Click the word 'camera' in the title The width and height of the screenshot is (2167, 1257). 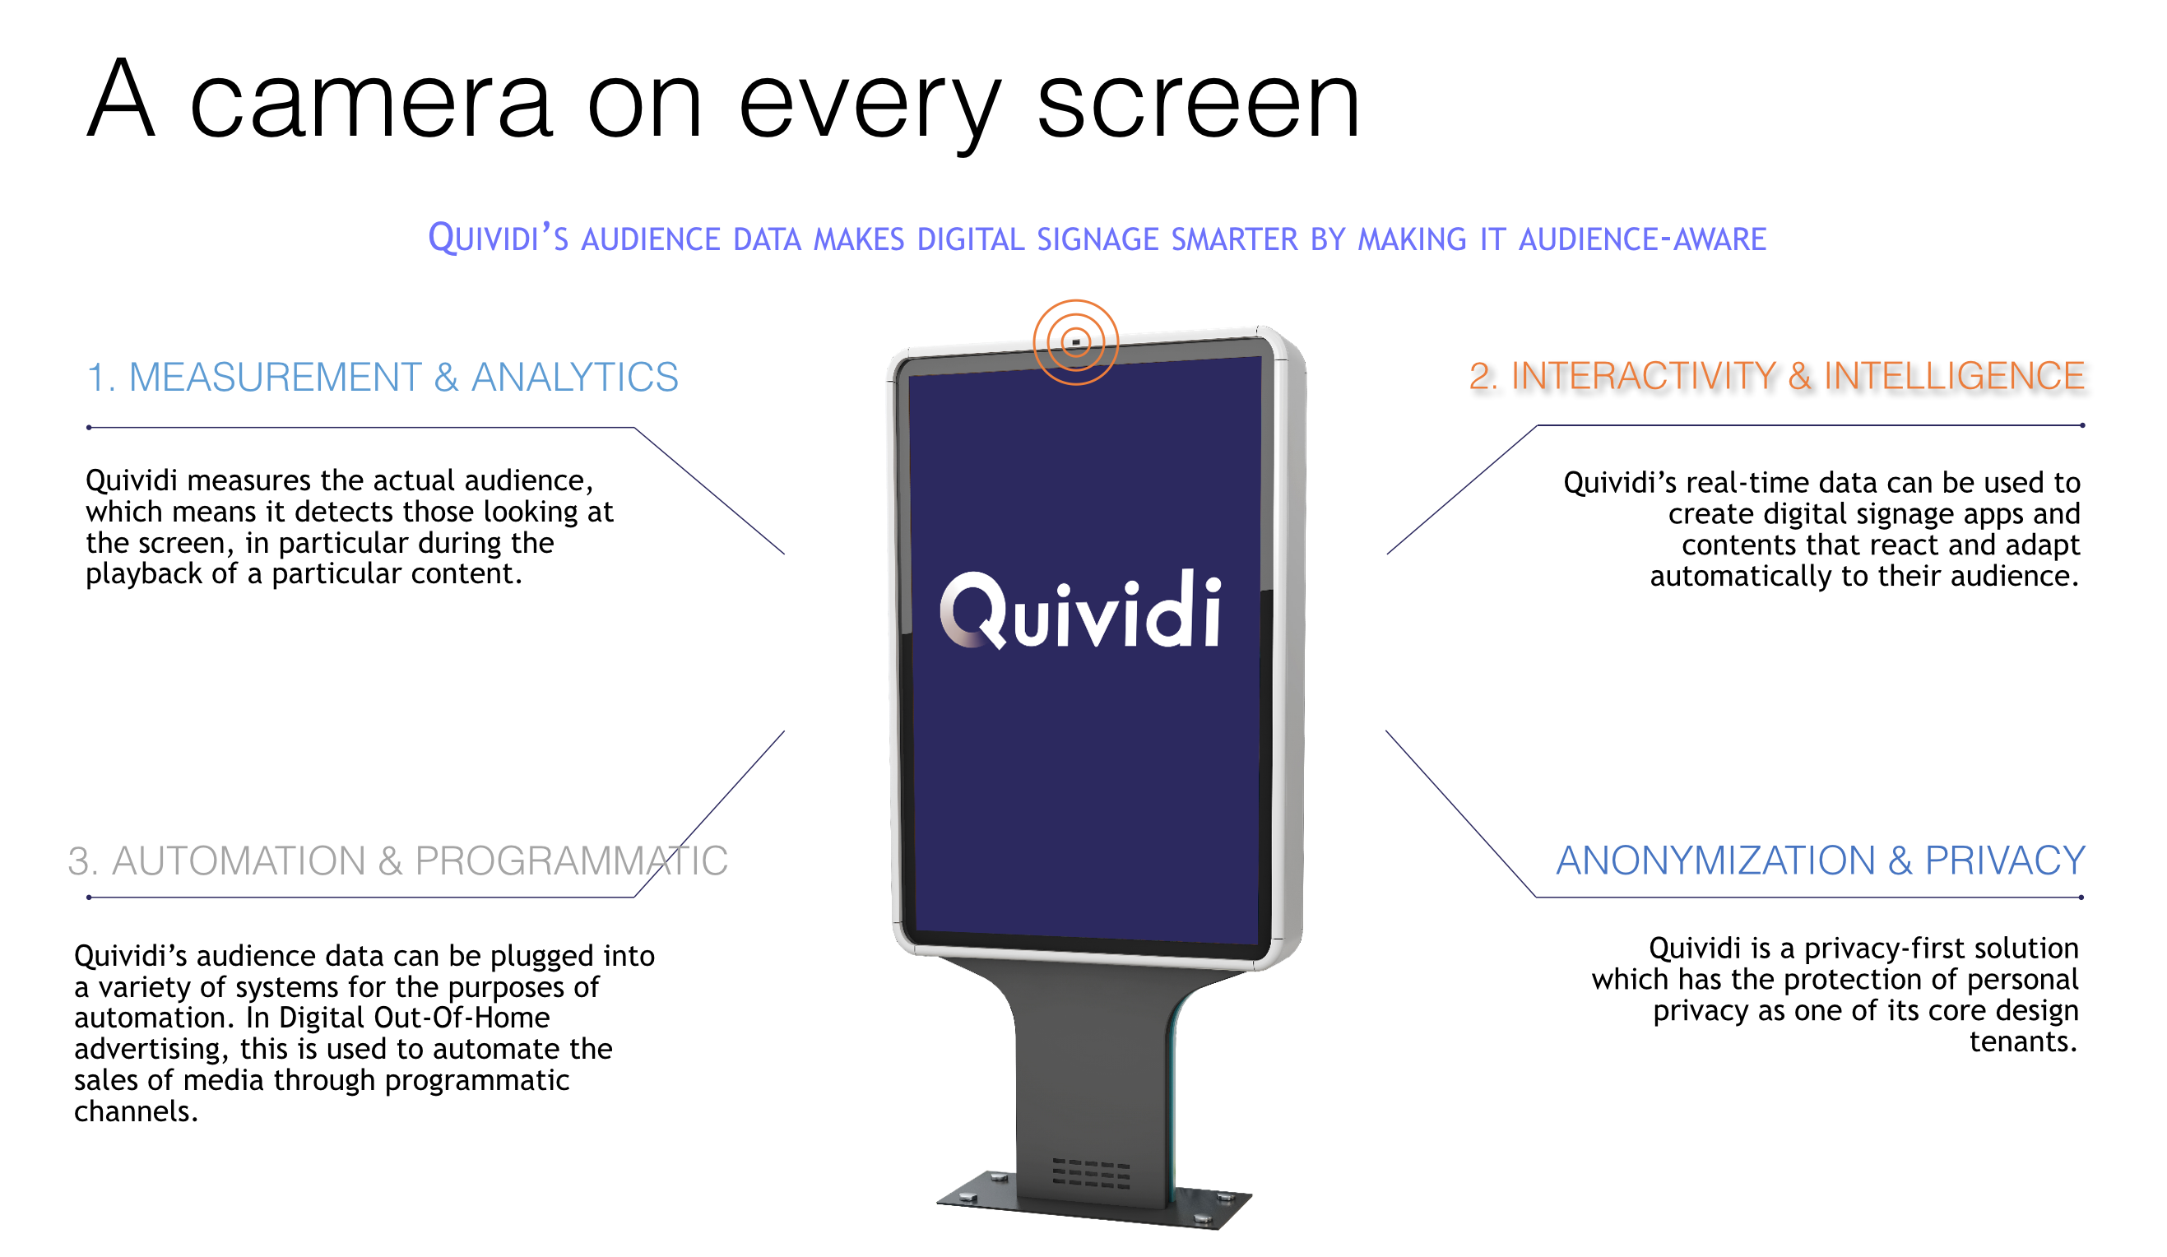pyautogui.click(x=369, y=104)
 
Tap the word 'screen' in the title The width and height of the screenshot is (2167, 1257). pyautogui.click(x=1199, y=104)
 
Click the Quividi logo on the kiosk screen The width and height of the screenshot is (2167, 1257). pyautogui.click(x=1080, y=610)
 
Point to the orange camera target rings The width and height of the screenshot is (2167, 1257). pyautogui.click(x=1076, y=301)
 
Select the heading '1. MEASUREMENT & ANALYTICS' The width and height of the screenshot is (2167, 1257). pyautogui.click(x=383, y=378)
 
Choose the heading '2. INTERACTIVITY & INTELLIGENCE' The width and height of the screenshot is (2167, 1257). pyautogui.click(x=1776, y=376)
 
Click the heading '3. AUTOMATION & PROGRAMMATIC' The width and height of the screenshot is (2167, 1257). pyautogui.click(x=397, y=860)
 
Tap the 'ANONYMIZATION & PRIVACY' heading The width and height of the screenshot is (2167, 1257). pyautogui.click(x=1821, y=860)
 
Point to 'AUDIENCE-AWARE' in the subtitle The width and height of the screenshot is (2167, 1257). pyautogui.click(x=1642, y=239)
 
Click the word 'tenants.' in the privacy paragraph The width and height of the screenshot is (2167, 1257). pyautogui.click(x=2022, y=1042)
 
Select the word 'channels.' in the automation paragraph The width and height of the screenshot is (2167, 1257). pyautogui.click(x=136, y=1111)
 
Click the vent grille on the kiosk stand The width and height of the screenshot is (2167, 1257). pyautogui.click(x=1091, y=1173)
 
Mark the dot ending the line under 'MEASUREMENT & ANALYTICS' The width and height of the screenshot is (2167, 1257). pyautogui.click(x=90, y=427)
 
